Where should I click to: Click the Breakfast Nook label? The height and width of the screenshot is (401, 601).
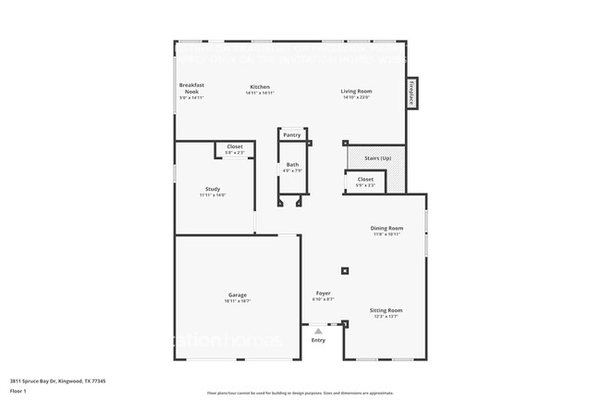pyautogui.click(x=191, y=87)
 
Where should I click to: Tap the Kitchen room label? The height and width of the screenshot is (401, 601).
pyautogui.click(x=259, y=87)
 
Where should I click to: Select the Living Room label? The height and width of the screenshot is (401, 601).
pyautogui.click(x=356, y=91)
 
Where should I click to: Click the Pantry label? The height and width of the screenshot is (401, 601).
pyautogui.click(x=291, y=134)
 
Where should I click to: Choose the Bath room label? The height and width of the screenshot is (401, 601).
pyautogui.click(x=292, y=165)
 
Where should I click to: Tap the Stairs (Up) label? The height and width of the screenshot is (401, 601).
pyautogui.click(x=377, y=158)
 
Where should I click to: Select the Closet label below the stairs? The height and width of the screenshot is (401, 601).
pyautogui.click(x=365, y=179)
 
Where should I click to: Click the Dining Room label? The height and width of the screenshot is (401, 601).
pyautogui.click(x=386, y=228)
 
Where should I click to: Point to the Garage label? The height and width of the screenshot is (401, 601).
pyautogui.click(x=238, y=294)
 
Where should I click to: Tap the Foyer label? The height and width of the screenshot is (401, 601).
pyautogui.click(x=323, y=294)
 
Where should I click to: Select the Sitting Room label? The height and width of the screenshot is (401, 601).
pyautogui.click(x=386, y=310)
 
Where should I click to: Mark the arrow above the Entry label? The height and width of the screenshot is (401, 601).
pyautogui.click(x=318, y=330)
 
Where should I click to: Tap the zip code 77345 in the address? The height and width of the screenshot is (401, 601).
pyautogui.click(x=97, y=381)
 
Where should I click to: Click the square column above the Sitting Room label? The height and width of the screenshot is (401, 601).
pyautogui.click(x=345, y=271)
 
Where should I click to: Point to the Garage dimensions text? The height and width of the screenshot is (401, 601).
pyautogui.click(x=238, y=301)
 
